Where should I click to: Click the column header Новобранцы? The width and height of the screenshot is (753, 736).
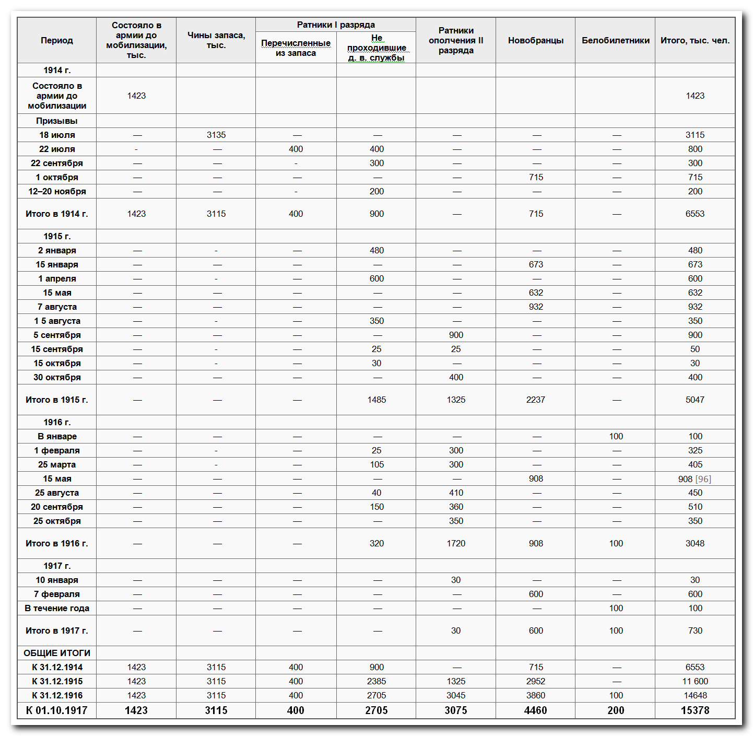(x=536, y=40)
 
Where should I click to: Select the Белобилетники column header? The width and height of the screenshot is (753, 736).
(x=616, y=40)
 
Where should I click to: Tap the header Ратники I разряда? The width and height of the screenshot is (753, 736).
(x=336, y=25)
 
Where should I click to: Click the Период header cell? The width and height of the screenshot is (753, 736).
(x=57, y=40)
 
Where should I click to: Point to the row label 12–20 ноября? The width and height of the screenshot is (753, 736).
(x=57, y=191)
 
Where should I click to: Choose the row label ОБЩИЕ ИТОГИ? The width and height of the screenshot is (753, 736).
(x=57, y=653)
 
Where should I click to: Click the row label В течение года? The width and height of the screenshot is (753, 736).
(x=57, y=608)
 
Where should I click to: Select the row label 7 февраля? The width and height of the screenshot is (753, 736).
(x=57, y=594)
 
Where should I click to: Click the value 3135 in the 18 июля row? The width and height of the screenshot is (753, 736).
(x=216, y=135)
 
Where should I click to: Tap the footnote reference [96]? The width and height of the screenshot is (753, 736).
(x=703, y=478)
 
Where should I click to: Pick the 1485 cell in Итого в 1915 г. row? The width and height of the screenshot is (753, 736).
(x=376, y=400)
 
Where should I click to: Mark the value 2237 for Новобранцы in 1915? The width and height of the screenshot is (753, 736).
(x=536, y=400)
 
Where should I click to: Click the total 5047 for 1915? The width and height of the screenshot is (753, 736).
(x=695, y=400)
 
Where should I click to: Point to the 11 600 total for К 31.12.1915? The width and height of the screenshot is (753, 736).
(x=695, y=681)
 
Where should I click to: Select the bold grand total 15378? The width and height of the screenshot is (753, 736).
(x=695, y=710)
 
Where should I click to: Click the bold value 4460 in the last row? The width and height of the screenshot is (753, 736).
(x=536, y=710)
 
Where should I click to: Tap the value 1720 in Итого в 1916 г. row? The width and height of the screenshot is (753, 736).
(x=456, y=543)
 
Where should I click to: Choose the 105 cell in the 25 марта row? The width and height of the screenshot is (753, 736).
(x=376, y=464)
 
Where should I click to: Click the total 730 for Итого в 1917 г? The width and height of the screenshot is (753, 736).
(x=695, y=630)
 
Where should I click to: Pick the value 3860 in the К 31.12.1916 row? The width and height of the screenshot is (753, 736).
(x=536, y=695)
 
